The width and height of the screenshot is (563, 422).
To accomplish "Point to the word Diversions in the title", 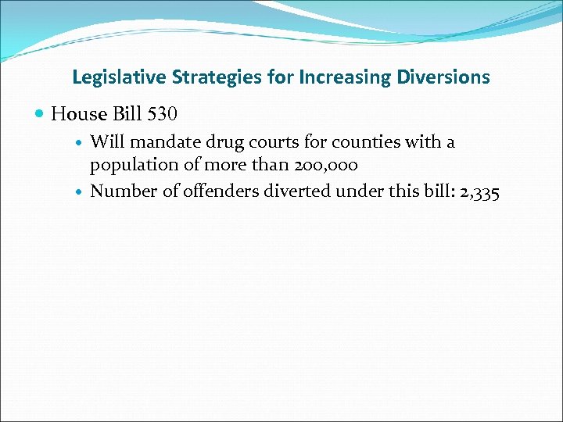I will pos(444,77).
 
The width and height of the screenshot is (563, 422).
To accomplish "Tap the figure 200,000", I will pos(323,165).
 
